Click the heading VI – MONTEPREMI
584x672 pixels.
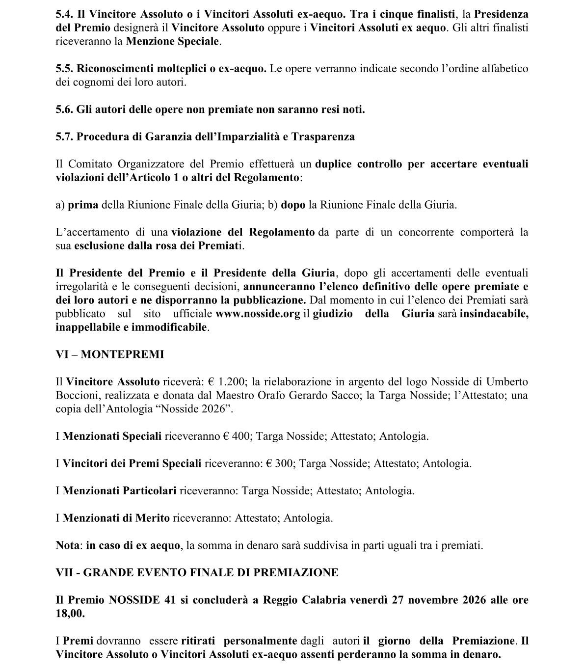point(109,354)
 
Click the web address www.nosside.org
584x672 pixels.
point(258,314)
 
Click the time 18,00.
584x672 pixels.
point(70,614)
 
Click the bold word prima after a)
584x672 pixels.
point(83,205)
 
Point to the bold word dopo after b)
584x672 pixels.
point(293,205)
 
